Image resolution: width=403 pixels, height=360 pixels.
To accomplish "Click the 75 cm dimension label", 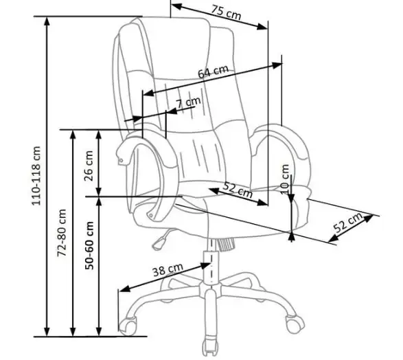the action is [226, 12].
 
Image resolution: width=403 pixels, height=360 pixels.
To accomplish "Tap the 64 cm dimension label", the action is [213, 71].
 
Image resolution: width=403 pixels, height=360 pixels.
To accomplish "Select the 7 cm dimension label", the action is [188, 102].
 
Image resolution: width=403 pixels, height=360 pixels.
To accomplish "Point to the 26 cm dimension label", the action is [89, 166].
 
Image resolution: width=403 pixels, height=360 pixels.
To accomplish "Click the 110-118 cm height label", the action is [36, 176].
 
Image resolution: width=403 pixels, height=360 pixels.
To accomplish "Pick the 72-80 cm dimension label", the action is [62, 233].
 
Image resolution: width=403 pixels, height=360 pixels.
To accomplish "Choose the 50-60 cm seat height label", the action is [89, 245].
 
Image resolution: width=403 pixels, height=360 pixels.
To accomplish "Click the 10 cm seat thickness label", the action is [286, 179].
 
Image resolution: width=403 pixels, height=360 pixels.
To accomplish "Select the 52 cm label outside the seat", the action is [349, 223].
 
